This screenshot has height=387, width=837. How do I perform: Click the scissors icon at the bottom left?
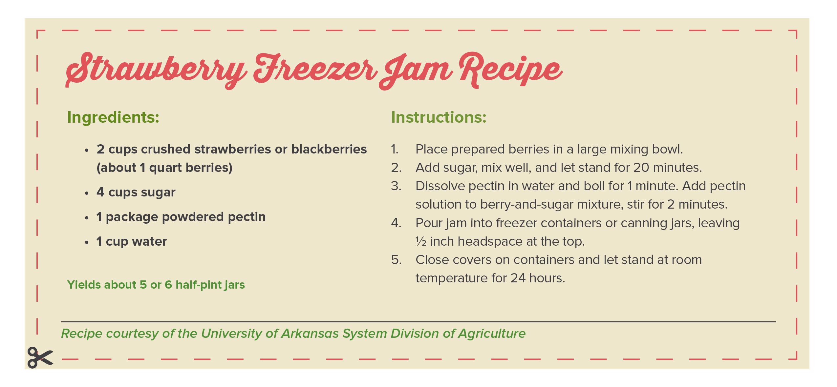(x=40, y=357)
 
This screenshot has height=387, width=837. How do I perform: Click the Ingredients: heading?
(x=113, y=117)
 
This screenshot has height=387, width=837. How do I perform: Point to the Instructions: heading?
(x=439, y=117)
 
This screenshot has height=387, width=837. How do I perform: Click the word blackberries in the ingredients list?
(x=329, y=149)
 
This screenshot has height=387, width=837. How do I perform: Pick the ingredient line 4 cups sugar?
(x=136, y=193)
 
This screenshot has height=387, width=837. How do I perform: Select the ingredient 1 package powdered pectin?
(x=181, y=217)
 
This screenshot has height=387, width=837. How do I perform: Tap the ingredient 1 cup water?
(x=132, y=242)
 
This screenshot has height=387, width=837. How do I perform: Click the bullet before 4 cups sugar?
(x=87, y=193)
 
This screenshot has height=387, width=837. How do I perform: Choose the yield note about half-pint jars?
(x=156, y=285)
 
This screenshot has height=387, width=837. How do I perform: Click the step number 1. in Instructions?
(x=394, y=150)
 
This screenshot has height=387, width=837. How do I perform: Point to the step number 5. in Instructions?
(x=396, y=260)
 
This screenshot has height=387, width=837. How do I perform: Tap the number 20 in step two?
(x=641, y=168)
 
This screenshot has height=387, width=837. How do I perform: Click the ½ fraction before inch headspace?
(x=421, y=242)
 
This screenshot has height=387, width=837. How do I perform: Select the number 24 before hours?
(x=518, y=278)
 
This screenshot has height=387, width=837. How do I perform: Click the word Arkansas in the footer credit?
(x=310, y=334)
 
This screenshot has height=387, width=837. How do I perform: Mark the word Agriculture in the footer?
(x=492, y=334)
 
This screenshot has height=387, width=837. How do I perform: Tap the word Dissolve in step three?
(x=440, y=186)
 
